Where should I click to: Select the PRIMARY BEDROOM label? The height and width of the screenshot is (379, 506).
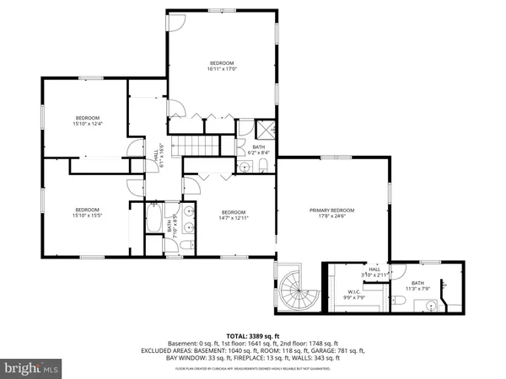331,210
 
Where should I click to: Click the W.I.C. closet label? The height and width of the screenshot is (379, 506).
353,292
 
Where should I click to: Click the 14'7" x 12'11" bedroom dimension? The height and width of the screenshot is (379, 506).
234,218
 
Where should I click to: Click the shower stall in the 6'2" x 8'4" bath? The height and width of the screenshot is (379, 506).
266,130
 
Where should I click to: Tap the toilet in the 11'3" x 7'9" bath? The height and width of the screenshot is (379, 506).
400,300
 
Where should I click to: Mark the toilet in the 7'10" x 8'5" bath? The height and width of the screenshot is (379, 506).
189,243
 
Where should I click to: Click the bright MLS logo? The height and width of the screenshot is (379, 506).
32,367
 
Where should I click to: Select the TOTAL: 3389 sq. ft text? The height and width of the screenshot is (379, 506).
253,334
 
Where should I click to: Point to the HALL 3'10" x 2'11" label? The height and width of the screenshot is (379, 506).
374,272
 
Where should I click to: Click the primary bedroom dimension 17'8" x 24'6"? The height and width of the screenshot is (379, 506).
331,217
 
